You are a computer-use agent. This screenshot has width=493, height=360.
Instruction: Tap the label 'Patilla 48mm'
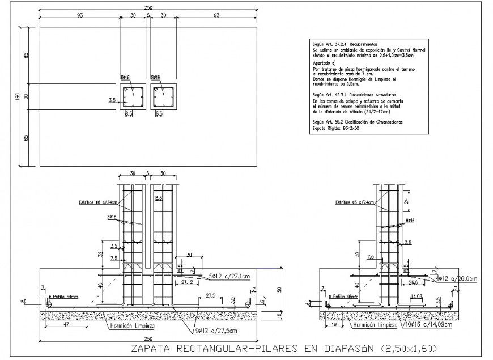345,297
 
